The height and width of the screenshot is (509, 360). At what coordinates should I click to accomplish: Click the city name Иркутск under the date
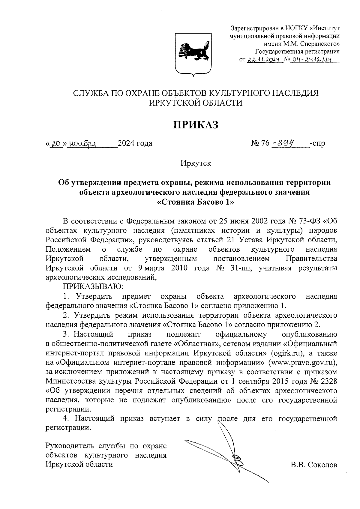pyautogui.click(x=196, y=163)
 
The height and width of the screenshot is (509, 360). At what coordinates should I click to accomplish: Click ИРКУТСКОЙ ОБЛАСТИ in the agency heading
pyautogui.click(x=196, y=103)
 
